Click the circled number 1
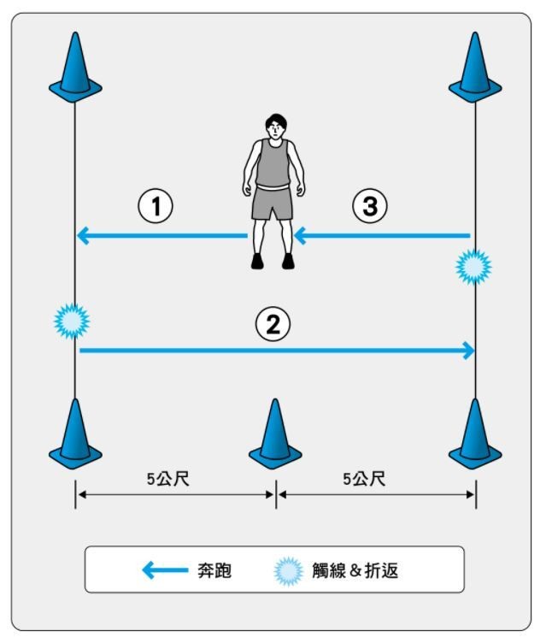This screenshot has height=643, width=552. [156, 206]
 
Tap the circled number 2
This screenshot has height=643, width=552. [273, 324]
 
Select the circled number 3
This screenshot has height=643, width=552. [370, 206]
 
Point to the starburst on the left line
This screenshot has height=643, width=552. [72, 321]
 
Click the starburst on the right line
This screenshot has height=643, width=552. [473, 267]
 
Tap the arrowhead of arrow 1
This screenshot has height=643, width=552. [83, 236]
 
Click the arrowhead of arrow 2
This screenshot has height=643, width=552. [469, 351]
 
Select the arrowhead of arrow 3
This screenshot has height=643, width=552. [300, 236]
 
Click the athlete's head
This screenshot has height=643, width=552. [276, 127]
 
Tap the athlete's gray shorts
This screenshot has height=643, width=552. [272, 204]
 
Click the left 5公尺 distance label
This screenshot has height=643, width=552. [168, 479]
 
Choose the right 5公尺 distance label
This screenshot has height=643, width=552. [364, 479]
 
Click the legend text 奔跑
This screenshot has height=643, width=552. [214, 570]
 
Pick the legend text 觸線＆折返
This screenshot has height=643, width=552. [355, 570]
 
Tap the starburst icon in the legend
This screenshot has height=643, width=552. [289, 571]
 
